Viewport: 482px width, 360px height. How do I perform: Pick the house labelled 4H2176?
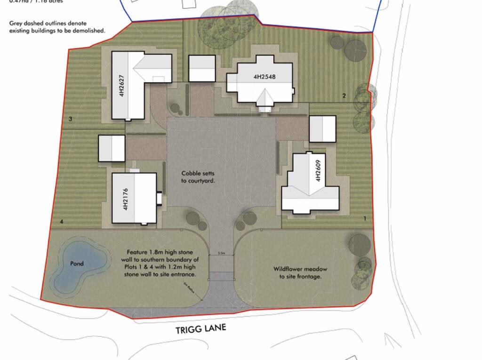click(x=134, y=198)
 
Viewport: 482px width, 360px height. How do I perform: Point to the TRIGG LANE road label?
click(x=201, y=328)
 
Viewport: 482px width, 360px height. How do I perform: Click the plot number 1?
click(x=365, y=218)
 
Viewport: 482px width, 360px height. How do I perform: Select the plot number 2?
click(x=344, y=96)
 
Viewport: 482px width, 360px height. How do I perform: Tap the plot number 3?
click(x=70, y=119)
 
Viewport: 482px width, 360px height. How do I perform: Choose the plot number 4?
click(x=62, y=221)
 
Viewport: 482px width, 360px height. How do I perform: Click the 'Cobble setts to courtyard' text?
click(x=197, y=176)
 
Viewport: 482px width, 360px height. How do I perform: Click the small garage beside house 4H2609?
click(x=322, y=128)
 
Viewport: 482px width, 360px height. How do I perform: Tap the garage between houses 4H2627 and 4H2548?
click(x=202, y=68)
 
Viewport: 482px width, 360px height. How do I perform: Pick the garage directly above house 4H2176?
click(x=112, y=148)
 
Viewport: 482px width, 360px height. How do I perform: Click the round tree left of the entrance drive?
click(x=193, y=218)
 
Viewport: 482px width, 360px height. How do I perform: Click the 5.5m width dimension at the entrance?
click(x=221, y=254)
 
